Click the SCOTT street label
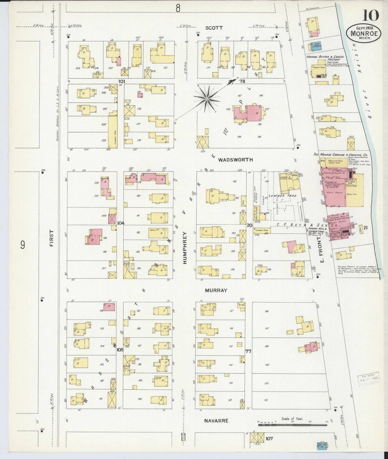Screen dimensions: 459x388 (x=214, y=28)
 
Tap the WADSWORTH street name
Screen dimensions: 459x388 (x=235, y=160)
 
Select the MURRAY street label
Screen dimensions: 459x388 (x=216, y=290)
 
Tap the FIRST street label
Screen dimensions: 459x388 (x=52, y=238)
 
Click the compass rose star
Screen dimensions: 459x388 (x=207, y=99)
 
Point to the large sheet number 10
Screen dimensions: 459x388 (x=371, y=15)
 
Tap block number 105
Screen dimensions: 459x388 (x=120, y=350)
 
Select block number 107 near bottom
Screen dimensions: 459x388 (x=269, y=439)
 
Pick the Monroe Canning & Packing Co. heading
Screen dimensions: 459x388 (x=340, y=155)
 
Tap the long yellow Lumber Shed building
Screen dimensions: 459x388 (x=113, y=131)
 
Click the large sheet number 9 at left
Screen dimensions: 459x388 (x=23, y=245)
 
